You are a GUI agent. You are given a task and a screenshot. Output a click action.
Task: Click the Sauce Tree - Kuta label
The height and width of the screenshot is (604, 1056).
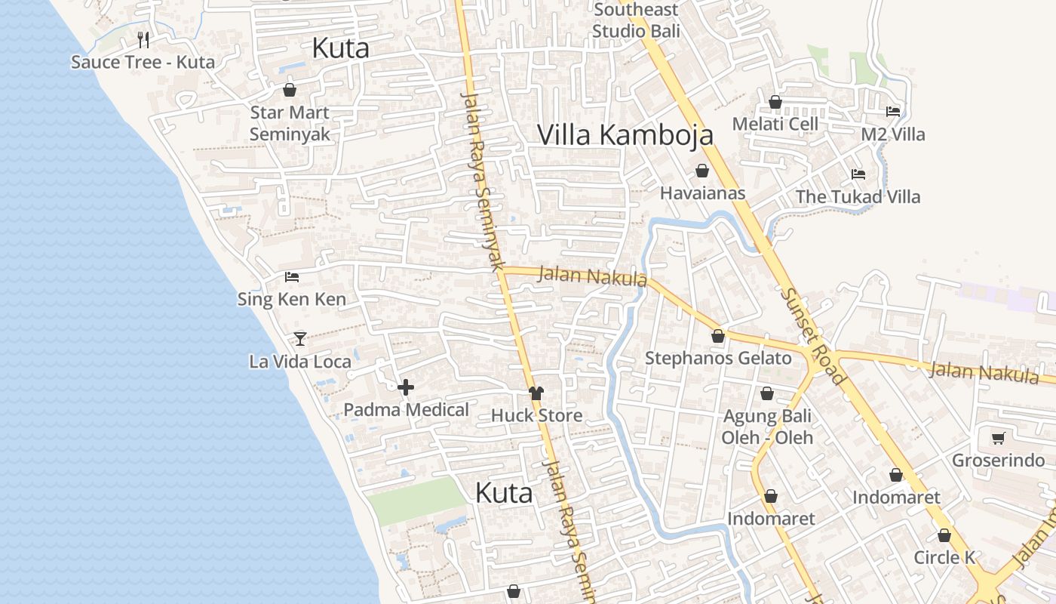click(x=143, y=62)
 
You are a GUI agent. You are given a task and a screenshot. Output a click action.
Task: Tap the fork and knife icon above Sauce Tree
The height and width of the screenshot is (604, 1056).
click(x=143, y=39)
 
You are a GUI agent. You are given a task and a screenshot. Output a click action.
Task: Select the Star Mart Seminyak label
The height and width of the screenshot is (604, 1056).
click(x=290, y=123)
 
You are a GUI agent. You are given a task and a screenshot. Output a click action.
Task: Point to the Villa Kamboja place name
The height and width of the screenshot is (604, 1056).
click(x=625, y=134)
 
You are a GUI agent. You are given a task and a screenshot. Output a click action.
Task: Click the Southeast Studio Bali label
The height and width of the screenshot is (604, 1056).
click(x=636, y=20)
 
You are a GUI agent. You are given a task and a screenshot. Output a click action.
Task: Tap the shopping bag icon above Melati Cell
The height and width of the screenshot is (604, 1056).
click(x=775, y=102)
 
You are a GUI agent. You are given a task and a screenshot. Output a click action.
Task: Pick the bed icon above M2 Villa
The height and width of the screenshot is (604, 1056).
click(x=893, y=112)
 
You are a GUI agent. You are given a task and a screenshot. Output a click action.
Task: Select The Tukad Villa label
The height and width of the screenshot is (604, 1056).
click(x=858, y=197)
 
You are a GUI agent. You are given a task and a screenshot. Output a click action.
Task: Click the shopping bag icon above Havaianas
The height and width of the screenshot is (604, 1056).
click(x=701, y=171)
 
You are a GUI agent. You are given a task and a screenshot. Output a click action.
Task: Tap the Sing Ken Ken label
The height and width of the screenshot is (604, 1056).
click(x=291, y=299)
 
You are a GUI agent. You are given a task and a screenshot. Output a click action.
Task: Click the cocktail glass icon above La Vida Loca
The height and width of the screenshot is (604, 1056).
click(x=300, y=339)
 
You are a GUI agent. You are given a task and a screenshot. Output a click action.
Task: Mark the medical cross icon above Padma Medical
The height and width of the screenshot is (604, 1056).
click(x=406, y=387)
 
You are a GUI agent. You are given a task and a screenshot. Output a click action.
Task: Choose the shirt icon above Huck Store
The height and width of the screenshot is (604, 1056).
click(x=536, y=393)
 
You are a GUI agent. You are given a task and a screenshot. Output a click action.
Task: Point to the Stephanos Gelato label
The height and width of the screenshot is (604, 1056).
click(x=717, y=358)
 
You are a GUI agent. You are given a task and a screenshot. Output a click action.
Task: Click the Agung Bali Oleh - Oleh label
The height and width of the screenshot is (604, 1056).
click(x=767, y=427)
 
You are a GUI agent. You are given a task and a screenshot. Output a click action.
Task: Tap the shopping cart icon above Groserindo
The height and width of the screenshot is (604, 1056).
click(x=999, y=438)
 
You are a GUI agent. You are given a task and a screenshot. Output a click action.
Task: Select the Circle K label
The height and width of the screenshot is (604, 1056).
click(x=944, y=558)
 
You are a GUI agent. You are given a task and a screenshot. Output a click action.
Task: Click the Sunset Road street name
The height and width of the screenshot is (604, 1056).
click(x=813, y=336)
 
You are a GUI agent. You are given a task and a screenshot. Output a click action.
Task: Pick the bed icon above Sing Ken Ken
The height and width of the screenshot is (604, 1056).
click(x=291, y=277)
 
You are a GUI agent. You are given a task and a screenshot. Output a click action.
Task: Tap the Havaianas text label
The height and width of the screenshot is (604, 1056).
click(x=702, y=193)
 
